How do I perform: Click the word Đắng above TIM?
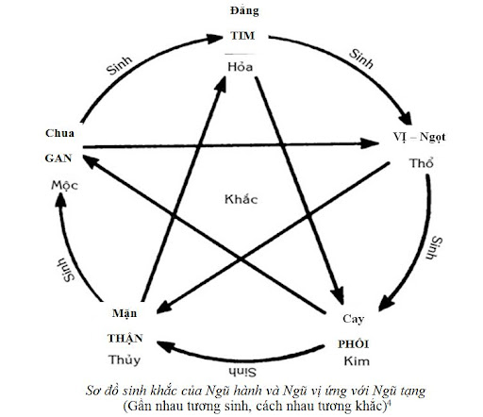[x=244, y=11]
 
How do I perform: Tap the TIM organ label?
[x=242, y=35]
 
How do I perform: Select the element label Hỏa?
[x=241, y=66]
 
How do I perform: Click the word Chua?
[x=59, y=133]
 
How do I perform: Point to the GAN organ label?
[x=58, y=158]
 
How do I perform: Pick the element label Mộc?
[x=64, y=185]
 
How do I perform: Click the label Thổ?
[x=421, y=163]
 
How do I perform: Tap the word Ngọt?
[x=433, y=137]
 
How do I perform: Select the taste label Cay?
[x=354, y=319]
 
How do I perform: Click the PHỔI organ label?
[x=354, y=343]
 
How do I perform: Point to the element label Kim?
[x=357, y=361]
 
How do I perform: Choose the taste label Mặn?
[x=125, y=313]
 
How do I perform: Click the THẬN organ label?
[x=125, y=338]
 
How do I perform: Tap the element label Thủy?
[x=125, y=359]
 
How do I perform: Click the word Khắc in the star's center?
[x=241, y=199]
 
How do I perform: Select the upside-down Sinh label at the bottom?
[x=242, y=372]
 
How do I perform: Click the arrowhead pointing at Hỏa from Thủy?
[x=221, y=84]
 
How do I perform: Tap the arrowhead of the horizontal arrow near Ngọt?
[x=370, y=143]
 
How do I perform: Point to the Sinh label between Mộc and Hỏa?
[x=119, y=66]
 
